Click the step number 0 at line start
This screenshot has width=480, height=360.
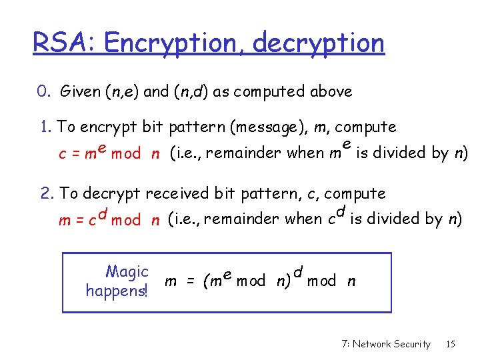pos(42,92)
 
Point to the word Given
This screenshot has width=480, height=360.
pos(80,92)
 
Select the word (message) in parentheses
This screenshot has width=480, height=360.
pos(247,127)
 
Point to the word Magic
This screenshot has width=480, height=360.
pos(127,272)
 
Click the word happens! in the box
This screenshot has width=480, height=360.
pos(117,291)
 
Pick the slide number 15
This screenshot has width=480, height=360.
pos(451,344)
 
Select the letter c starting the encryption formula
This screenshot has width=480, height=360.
pos(62,154)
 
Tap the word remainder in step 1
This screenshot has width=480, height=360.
pos(236,153)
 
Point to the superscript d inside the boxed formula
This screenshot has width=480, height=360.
pos(298,272)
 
